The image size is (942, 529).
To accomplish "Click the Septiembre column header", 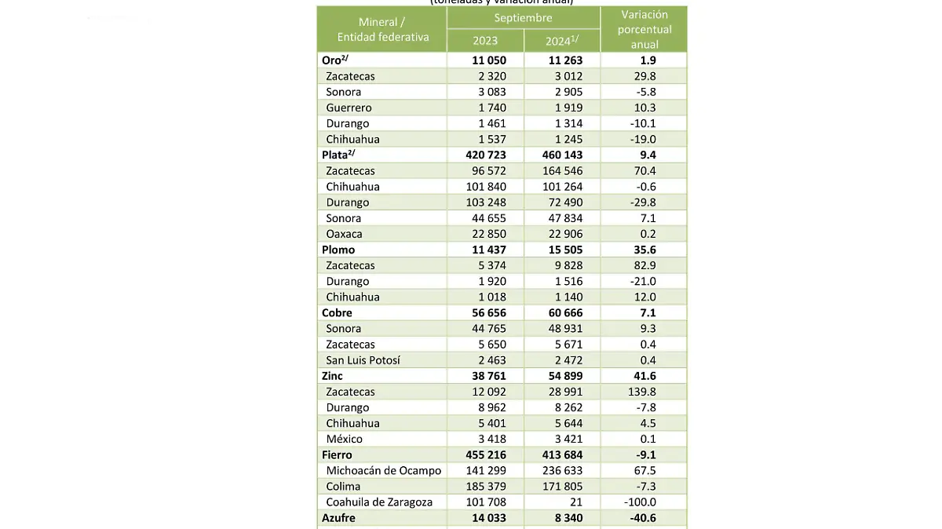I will tap(523, 17).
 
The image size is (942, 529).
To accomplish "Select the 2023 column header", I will tap(485, 41).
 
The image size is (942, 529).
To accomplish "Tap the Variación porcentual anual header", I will tap(644, 29).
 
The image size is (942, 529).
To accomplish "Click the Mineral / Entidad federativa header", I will tap(382, 30).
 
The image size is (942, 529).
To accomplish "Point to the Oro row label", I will tap(332, 60).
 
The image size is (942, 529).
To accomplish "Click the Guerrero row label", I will tap(349, 108).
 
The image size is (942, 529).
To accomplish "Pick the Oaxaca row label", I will tap(344, 234).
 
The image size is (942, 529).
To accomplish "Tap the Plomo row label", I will tap(338, 250).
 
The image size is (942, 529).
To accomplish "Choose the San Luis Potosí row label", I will tap(363, 360).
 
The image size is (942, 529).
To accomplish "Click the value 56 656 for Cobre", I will tap(486, 312).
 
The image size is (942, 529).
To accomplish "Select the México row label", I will tap(345, 439).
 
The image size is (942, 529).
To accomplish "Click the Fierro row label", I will tap(337, 454).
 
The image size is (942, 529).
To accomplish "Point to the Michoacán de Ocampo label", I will tap(383, 471).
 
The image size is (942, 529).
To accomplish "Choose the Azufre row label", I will tap(338, 518).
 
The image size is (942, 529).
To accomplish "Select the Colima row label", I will tap(343, 487).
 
